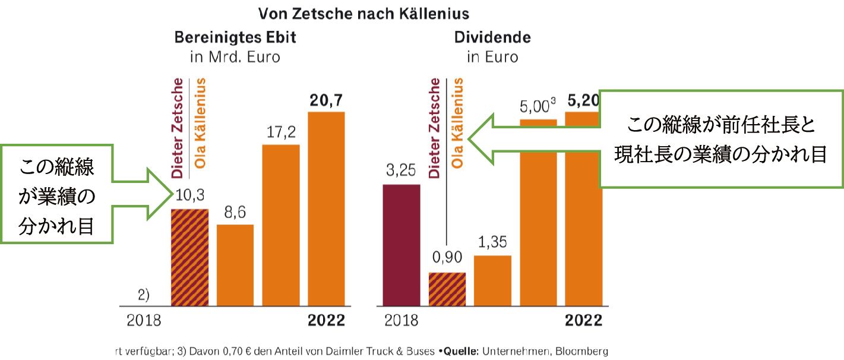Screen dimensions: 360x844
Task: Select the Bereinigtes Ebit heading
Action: pyautogui.click(x=235, y=37)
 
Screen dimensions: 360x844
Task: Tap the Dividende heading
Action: pyautogui.click(x=492, y=37)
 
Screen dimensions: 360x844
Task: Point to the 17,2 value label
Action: pyautogui.click(x=280, y=133)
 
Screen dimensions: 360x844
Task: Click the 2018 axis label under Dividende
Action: pyautogui.click(x=401, y=321)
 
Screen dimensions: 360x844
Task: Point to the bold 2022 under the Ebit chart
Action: pyautogui.click(x=326, y=321)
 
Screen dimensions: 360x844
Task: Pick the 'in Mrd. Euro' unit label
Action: pyautogui.click(x=235, y=58)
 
